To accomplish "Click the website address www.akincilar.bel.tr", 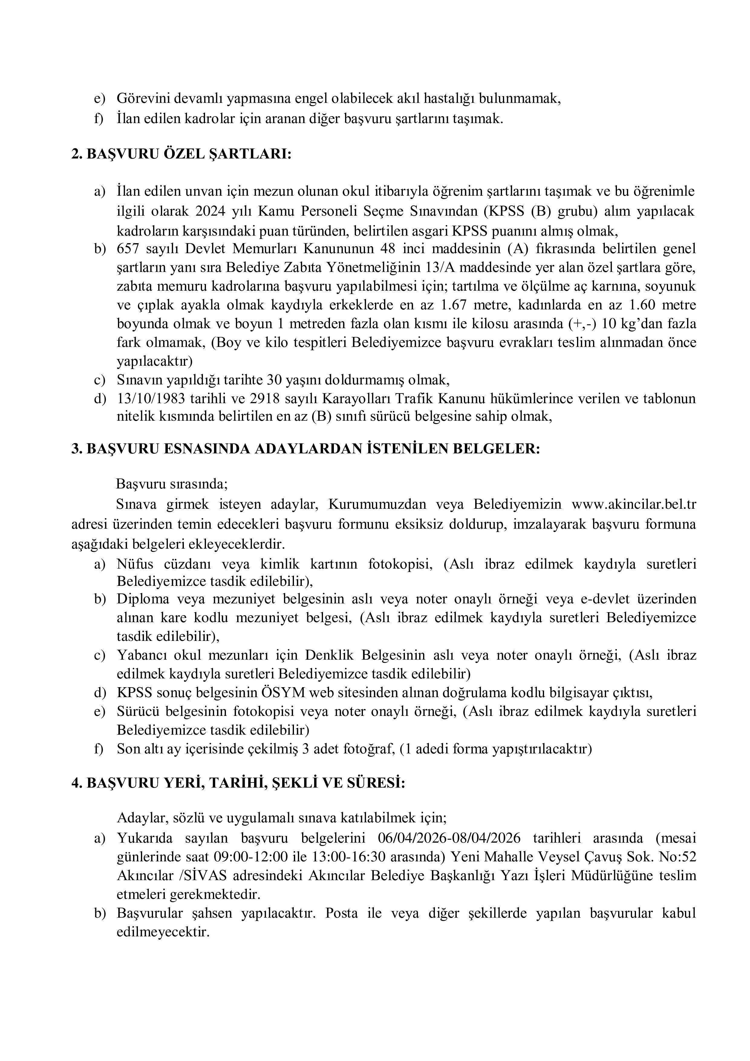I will [634, 504].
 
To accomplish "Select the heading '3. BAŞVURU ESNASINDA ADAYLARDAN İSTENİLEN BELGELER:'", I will [305, 449].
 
